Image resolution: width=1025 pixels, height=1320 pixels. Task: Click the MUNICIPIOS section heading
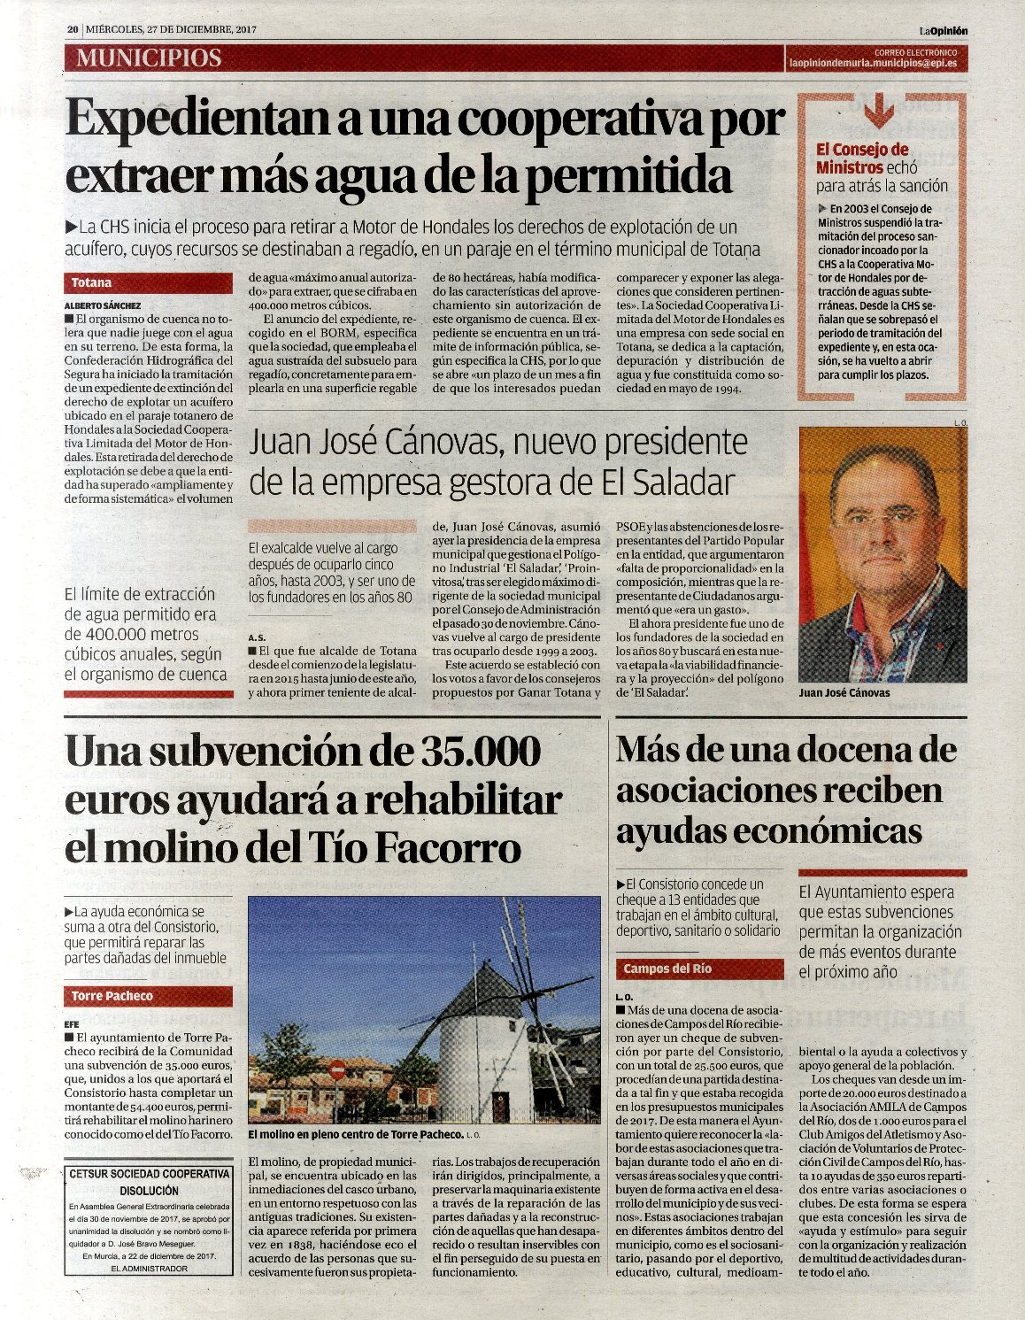coord(148,58)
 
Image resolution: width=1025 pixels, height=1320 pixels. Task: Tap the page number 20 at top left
coord(73,30)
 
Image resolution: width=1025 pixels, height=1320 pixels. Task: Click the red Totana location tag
coord(92,282)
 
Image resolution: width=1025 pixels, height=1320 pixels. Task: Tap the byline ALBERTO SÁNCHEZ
coord(103,305)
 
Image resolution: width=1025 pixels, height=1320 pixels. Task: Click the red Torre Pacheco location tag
coord(112,996)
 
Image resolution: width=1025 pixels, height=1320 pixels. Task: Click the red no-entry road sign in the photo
coord(337,1069)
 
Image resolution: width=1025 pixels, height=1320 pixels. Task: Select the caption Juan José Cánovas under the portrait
coord(844,692)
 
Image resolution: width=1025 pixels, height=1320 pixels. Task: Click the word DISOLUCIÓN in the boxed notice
coord(149,1191)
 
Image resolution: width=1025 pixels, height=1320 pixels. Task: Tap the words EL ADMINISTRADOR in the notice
coord(149,1269)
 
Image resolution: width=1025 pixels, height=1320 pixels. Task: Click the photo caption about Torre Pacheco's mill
coord(356,1134)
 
